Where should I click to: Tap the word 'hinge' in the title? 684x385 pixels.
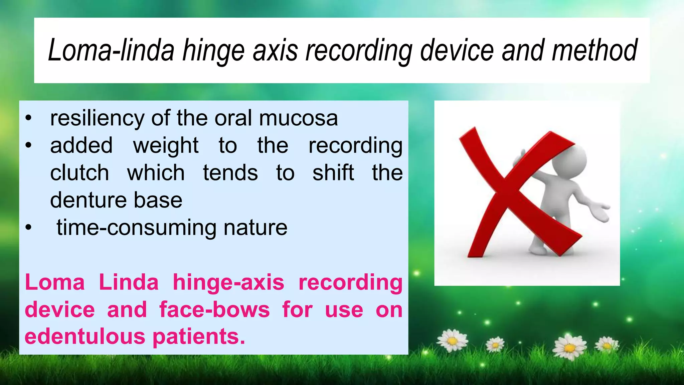[x=213, y=51]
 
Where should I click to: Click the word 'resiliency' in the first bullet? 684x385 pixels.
[x=97, y=118]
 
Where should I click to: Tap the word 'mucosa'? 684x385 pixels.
[x=298, y=118]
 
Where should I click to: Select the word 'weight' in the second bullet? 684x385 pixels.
[x=166, y=146]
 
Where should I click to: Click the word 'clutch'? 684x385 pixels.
[x=79, y=173]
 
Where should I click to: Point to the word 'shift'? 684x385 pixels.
[x=333, y=173]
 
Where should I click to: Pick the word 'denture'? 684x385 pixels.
[x=88, y=200]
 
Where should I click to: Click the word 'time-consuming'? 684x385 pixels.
[x=136, y=228]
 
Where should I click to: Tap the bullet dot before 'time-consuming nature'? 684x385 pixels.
[x=28, y=228]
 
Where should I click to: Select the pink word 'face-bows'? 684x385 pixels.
[x=214, y=310]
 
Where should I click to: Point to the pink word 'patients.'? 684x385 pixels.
[x=199, y=337]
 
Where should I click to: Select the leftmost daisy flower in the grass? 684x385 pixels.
[x=452, y=340]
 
